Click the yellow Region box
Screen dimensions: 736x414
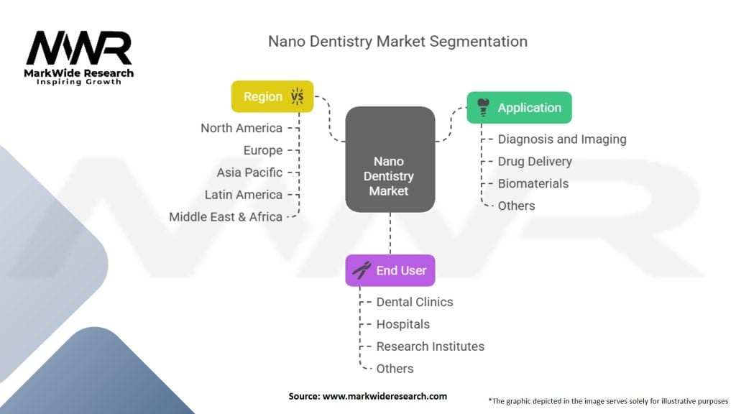click(272, 97)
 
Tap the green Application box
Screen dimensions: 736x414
click(519, 108)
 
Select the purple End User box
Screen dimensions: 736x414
click(390, 270)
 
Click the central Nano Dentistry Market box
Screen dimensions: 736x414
click(390, 160)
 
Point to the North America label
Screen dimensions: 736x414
click(241, 128)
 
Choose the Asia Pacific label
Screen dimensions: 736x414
click(249, 172)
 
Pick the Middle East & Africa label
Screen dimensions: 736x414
click(225, 217)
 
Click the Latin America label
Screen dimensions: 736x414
click(243, 195)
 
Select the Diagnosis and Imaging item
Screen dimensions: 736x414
click(562, 139)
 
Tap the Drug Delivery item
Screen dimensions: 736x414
click(535, 162)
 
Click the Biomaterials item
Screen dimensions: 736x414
click(533, 183)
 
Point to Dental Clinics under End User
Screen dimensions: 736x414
click(415, 302)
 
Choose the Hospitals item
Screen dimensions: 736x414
click(402, 324)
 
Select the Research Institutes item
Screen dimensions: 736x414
click(430, 346)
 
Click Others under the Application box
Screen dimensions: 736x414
click(516, 206)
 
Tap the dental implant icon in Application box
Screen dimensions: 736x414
click(483, 108)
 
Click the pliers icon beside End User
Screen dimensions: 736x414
click(362, 270)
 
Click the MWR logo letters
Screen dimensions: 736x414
click(79, 48)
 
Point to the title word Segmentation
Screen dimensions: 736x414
click(478, 42)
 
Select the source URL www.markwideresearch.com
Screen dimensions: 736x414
click(385, 396)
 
